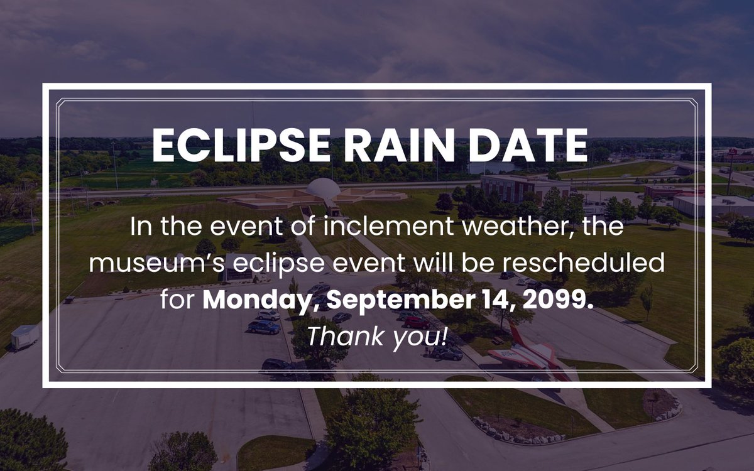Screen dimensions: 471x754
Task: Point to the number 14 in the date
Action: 498,300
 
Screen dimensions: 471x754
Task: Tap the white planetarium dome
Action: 323,188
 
